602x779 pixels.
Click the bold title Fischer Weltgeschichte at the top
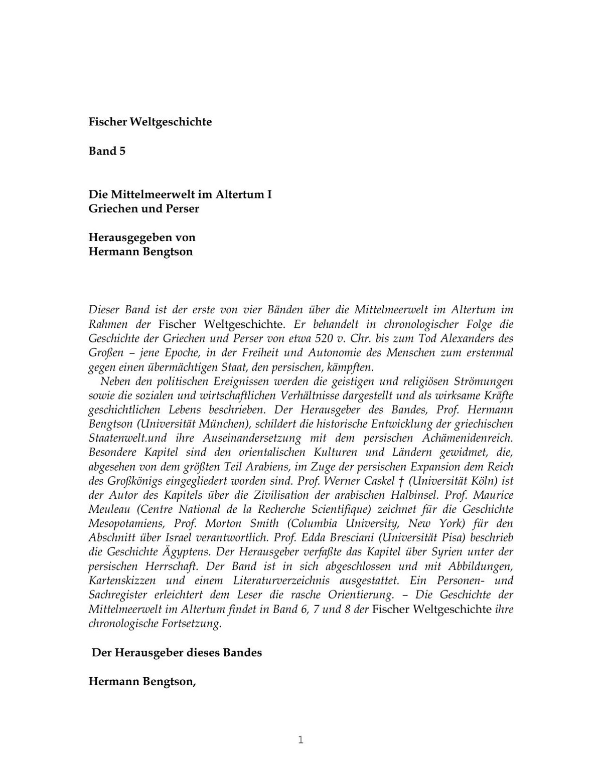[150, 122]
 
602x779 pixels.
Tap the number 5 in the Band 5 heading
[122, 151]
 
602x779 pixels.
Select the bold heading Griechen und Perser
[143, 209]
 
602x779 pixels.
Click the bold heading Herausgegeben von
[142, 237]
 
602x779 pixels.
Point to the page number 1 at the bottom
[300, 740]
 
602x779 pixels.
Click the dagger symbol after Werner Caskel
[401, 481]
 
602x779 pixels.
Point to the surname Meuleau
[109, 510]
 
